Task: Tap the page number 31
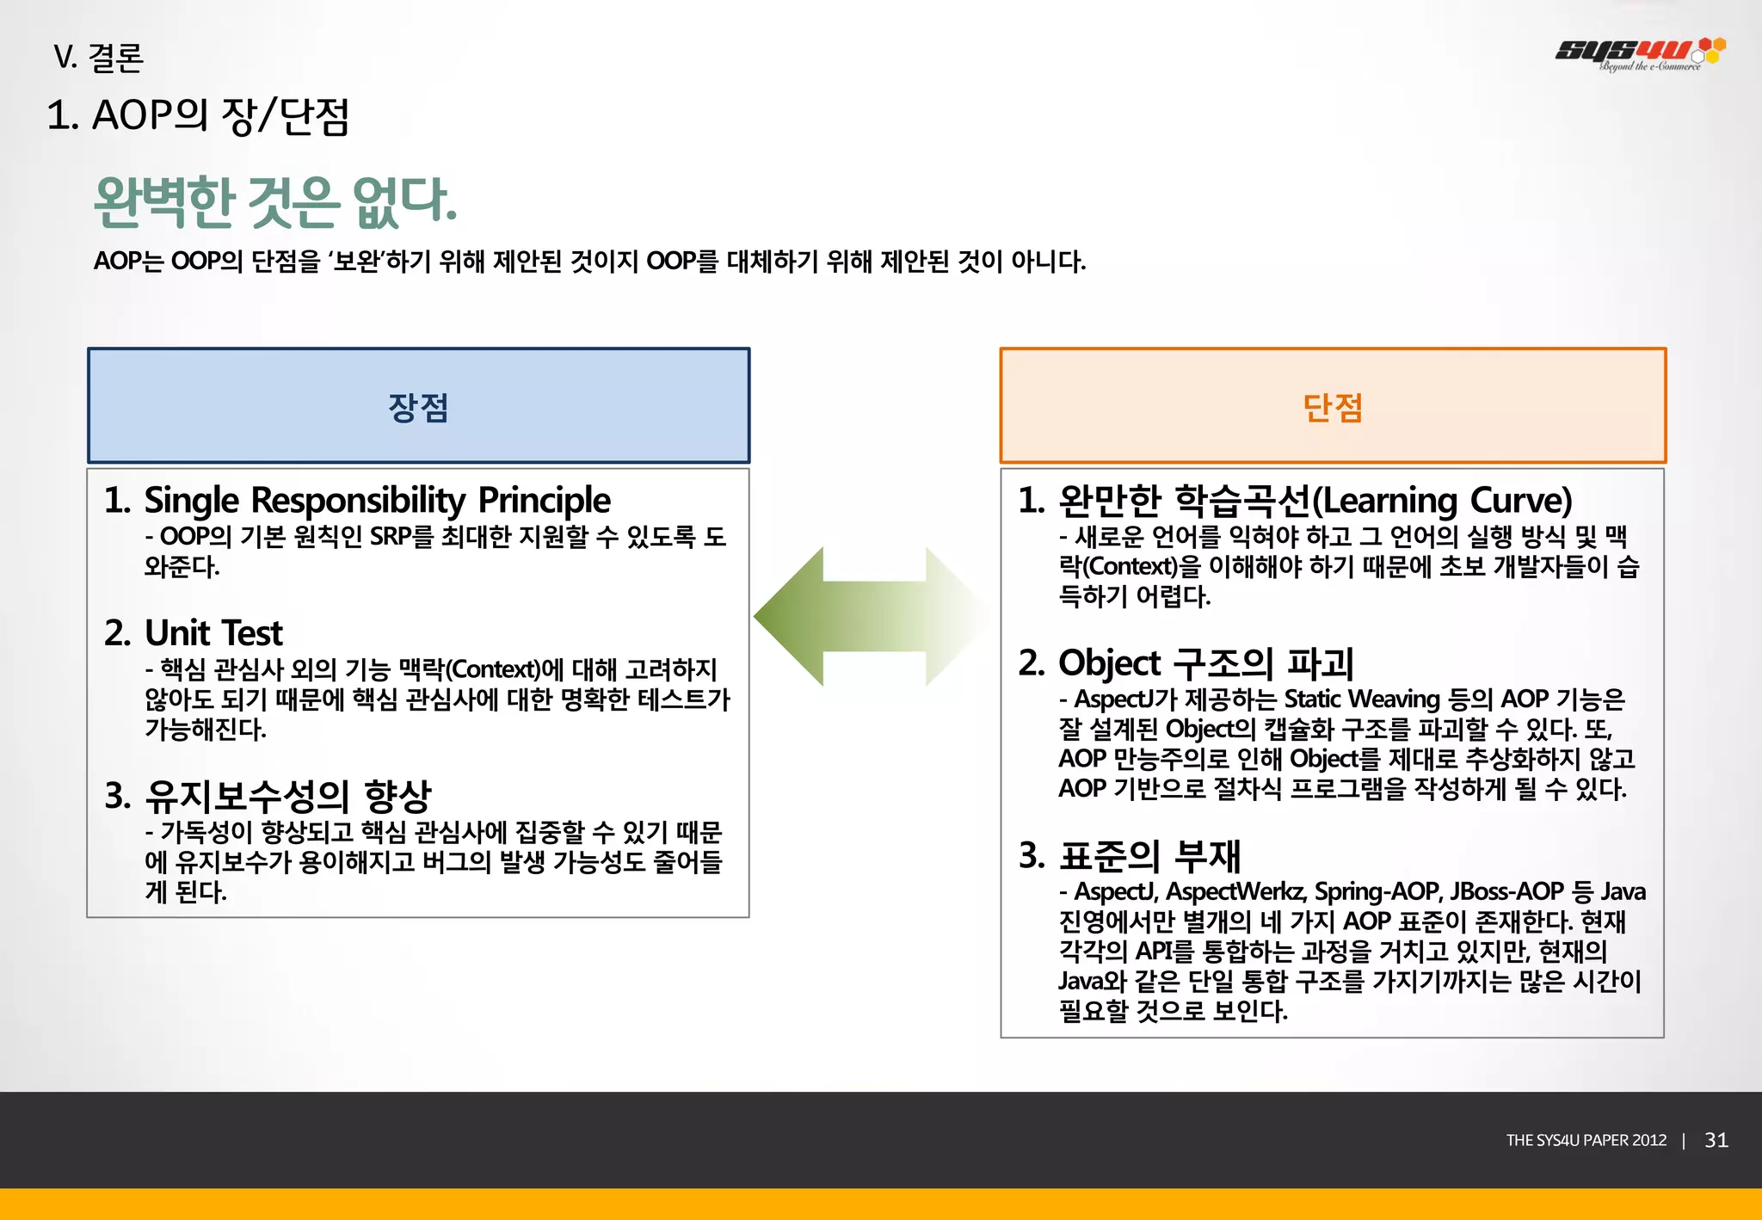click(1716, 1140)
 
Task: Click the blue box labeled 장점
click(418, 406)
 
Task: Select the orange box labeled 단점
click(1332, 406)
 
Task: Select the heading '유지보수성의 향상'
click(287, 796)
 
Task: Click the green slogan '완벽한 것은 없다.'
click(275, 202)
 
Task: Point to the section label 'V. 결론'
click(98, 58)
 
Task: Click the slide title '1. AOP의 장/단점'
click(198, 116)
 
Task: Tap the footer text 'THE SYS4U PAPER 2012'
click(1586, 1140)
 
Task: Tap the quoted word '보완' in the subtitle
click(356, 261)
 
